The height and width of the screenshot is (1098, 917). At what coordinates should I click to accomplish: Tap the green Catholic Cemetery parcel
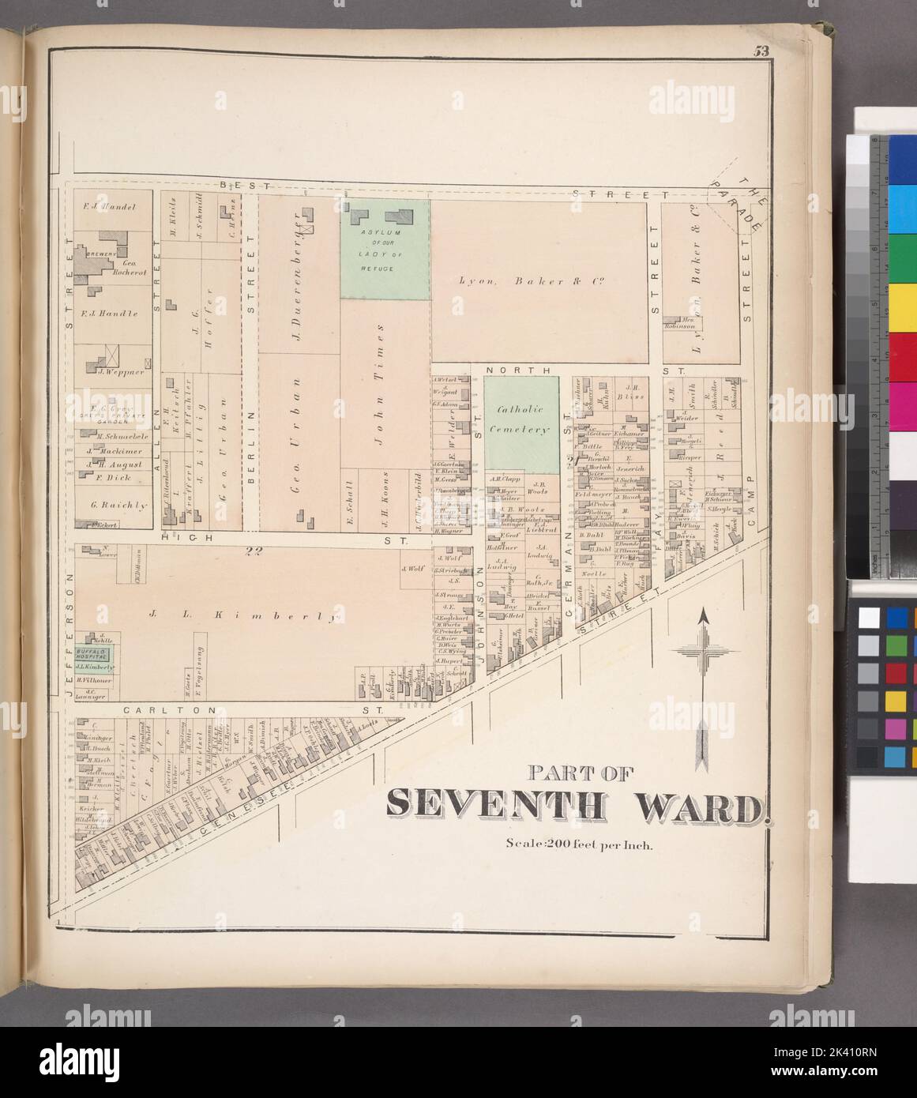521,427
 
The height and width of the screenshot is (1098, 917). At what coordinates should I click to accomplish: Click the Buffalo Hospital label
92,652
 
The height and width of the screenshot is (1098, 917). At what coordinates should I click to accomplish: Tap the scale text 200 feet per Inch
578,844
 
